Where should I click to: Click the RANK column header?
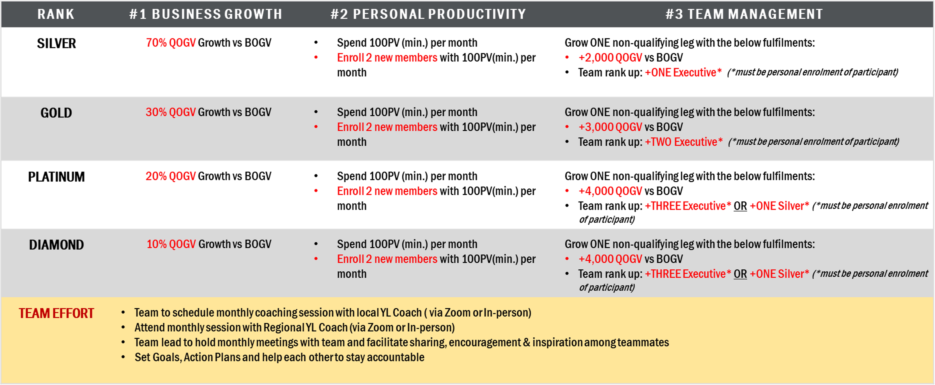pos(56,14)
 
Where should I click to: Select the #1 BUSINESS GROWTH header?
pos(206,14)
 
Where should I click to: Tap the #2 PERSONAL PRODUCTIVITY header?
pos(428,14)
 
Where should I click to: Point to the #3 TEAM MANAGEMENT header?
pos(744,14)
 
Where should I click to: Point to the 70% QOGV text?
pos(171,43)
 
